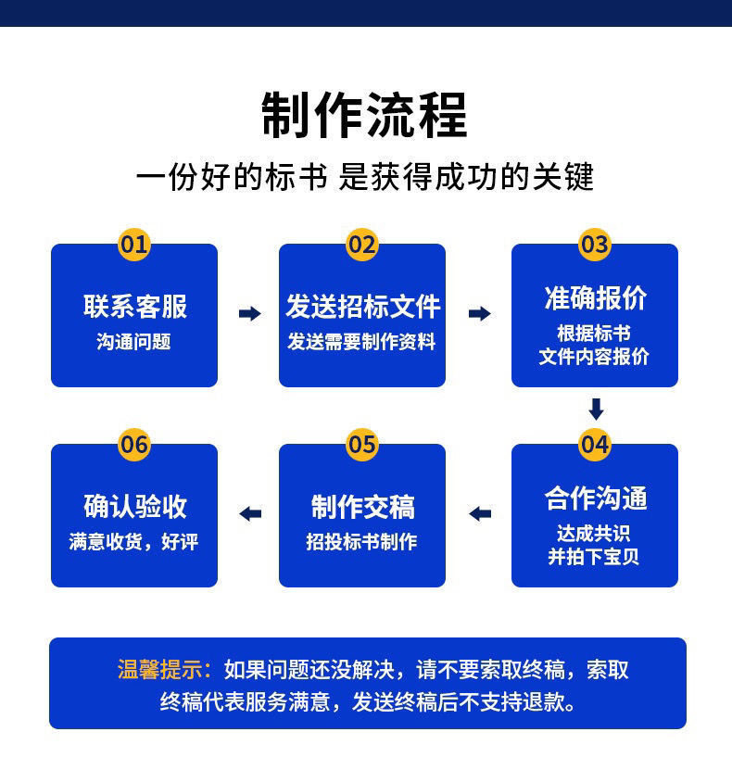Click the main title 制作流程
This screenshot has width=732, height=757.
pos(364,115)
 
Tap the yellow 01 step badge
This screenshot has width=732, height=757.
pos(134,245)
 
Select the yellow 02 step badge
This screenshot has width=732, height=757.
pos(362,245)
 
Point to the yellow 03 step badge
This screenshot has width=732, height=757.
pos(595,245)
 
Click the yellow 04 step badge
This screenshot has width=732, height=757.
pos(595,445)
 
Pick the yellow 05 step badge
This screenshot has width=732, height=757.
pos(362,445)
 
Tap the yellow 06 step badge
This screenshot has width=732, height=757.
pos(134,445)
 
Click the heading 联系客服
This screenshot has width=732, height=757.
pos(134,306)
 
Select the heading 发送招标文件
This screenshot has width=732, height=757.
pos(362,306)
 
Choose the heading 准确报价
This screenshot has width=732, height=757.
pos(595,297)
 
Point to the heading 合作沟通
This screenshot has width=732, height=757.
pos(595,498)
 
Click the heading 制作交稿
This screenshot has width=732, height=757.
pos(362,507)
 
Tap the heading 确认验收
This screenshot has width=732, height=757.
pos(134,507)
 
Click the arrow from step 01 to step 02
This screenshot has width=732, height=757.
pos(249,314)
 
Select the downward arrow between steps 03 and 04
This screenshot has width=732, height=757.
pos(596,409)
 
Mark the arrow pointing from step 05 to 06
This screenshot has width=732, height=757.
pos(249,513)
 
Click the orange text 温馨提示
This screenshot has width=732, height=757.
pos(164,670)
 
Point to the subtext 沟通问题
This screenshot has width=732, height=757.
pos(134,342)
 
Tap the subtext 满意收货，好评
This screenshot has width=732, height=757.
pos(134,542)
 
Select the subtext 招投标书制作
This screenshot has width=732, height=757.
pos(362,542)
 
